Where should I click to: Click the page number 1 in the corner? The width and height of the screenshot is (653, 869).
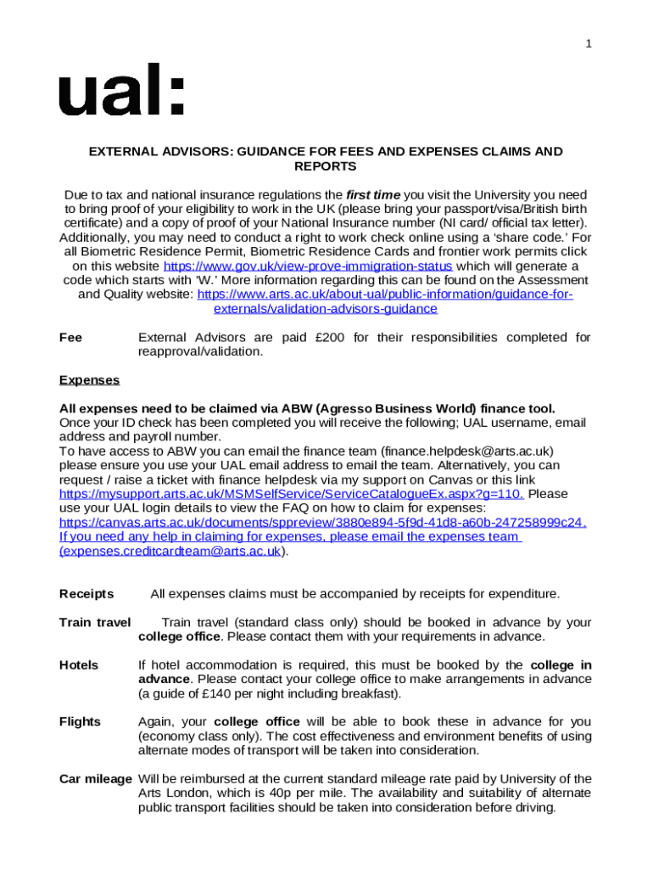589,45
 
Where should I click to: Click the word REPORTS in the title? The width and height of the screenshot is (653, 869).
326,167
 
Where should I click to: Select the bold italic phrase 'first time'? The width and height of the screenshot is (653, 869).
374,195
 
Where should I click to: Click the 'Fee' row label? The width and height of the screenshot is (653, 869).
71,338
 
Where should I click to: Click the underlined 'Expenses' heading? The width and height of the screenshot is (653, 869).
89,380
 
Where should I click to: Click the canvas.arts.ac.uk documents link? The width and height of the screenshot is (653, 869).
322,522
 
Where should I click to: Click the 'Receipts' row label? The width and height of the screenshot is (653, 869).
87,593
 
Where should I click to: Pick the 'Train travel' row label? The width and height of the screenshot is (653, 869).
95,623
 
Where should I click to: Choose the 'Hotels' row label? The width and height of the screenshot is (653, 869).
79,665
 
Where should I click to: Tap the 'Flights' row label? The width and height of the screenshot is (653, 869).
80,722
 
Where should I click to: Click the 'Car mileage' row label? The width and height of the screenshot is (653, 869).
95,779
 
